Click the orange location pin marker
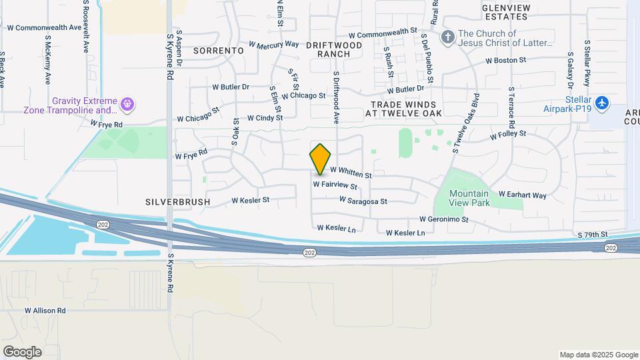tap(321, 159)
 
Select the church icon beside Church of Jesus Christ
tap(447, 37)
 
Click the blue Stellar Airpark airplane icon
tap(602, 103)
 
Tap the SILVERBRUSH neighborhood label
tap(177, 201)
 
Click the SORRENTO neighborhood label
tap(218, 50)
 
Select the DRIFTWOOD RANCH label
tap(334, 49)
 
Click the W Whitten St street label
tap(351, 173)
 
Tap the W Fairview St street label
tap(335, 185)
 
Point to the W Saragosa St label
tap(363, 200)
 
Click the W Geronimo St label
tap(444, 219)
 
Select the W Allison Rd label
tap(45, 311)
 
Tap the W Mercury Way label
tap(274, 45)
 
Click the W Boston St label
tap(506, 60)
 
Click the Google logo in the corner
tap(22, 351)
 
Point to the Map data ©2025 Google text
tap(598, 355)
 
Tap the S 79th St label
tap(593, 235)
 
